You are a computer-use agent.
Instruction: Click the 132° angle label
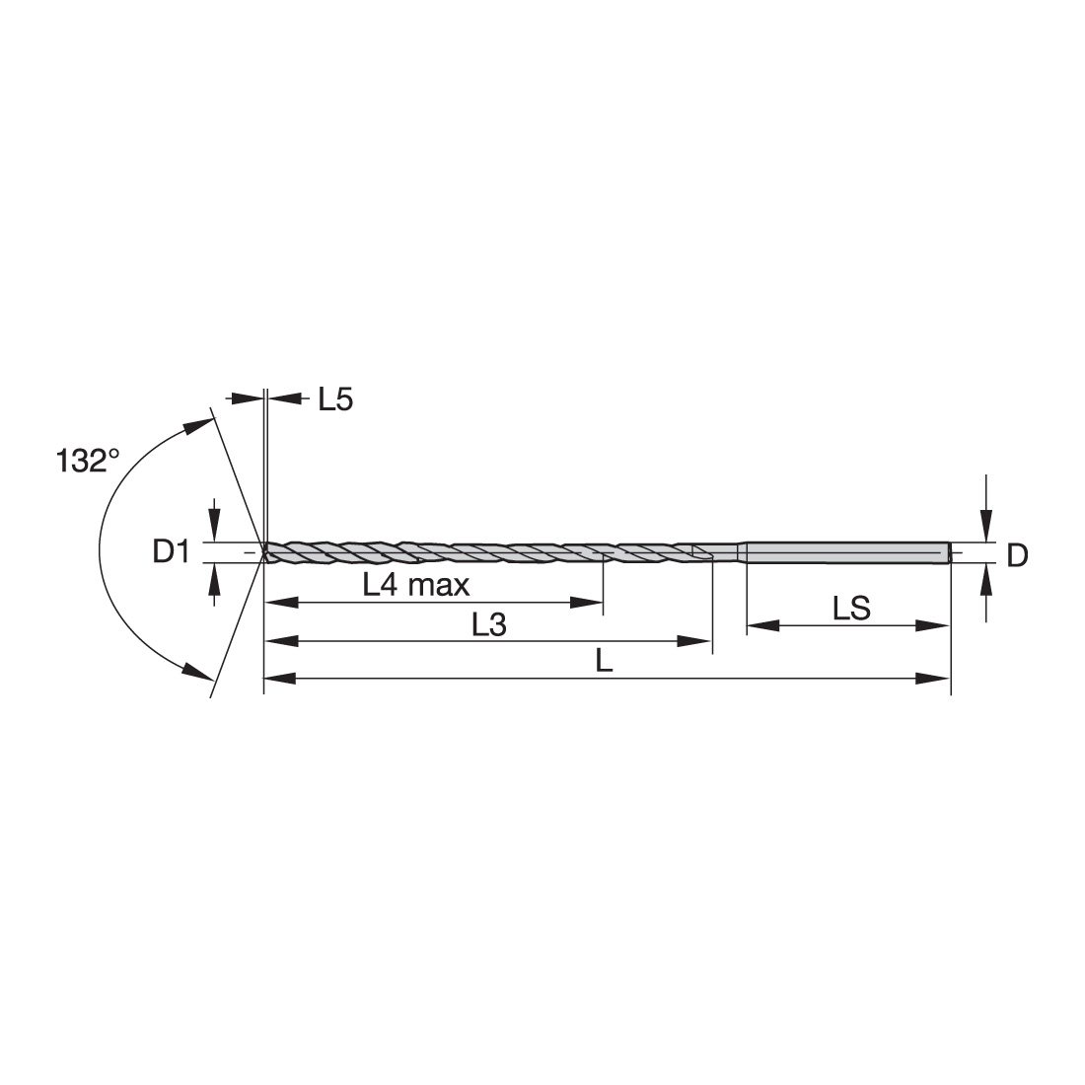coord(87,461)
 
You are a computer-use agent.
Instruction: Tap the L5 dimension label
coord(335,399)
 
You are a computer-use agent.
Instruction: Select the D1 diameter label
coord(171,553)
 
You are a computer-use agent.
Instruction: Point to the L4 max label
coord(416,585)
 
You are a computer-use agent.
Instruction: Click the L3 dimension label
coord(489,624)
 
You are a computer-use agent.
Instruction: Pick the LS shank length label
coord(851,609)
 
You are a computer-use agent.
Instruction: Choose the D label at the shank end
coord(1017,555)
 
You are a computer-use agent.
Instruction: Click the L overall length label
coord(604,662)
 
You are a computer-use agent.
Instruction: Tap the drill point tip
coord(263,553)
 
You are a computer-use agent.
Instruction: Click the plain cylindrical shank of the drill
coord(847,553)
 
